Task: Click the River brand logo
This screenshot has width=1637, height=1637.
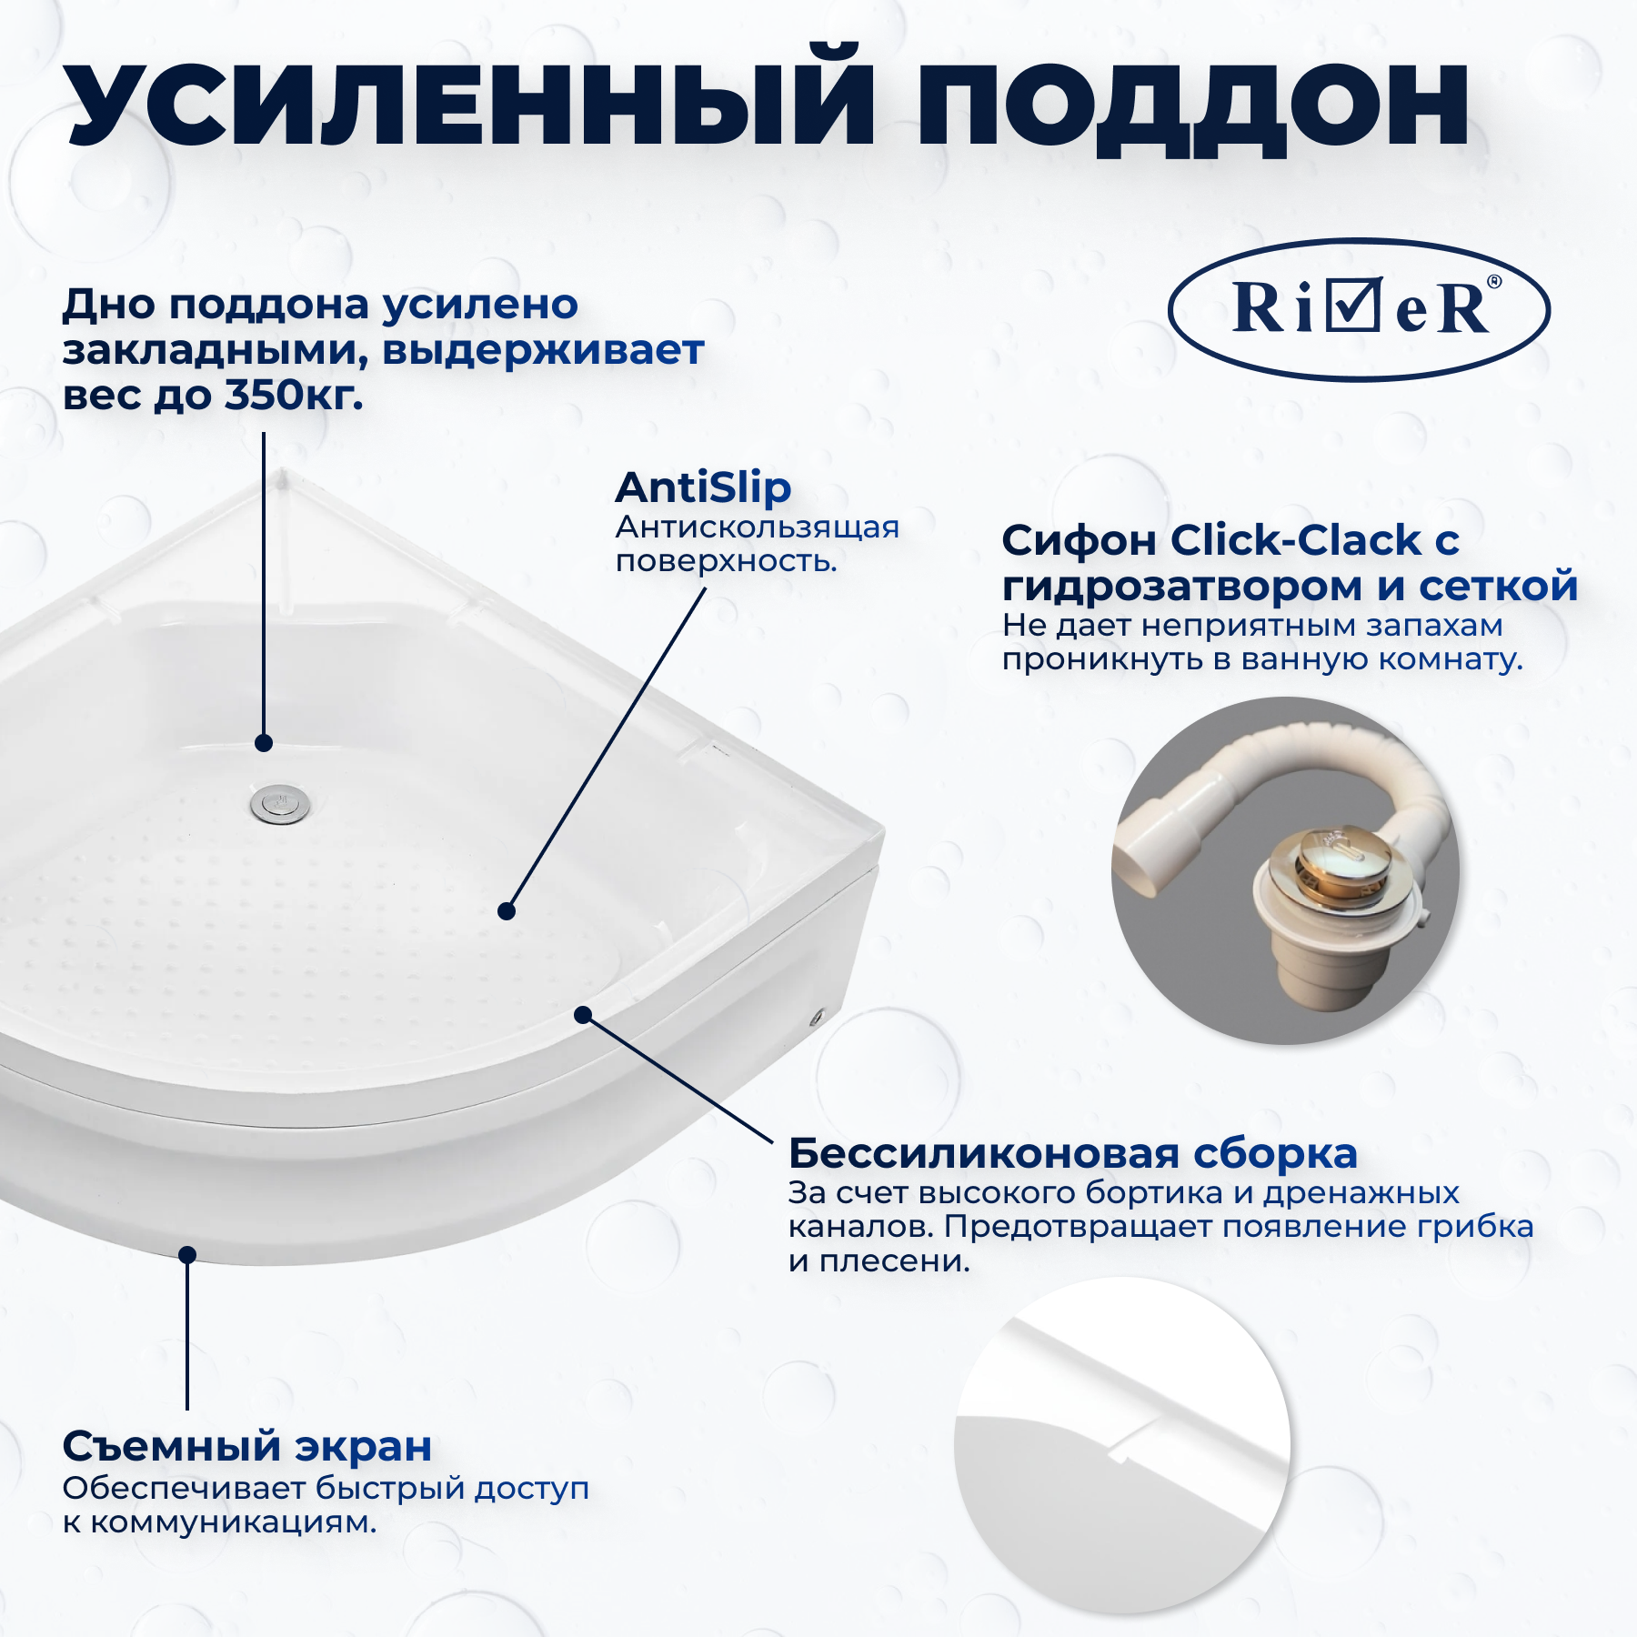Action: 1359,309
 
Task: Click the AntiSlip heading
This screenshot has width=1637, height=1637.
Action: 703,488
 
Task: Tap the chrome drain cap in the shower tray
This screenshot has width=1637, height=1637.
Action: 280,804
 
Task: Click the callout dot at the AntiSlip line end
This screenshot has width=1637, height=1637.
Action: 507,910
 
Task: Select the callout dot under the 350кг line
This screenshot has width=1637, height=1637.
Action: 264,743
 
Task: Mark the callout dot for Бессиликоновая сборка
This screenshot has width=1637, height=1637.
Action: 583,1015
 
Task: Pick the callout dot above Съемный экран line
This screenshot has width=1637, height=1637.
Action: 187,1255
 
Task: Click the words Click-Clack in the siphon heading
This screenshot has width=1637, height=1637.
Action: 1295,540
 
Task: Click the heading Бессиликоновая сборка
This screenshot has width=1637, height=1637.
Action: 1073,1153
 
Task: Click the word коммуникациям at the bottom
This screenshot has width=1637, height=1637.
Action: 233,1522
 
